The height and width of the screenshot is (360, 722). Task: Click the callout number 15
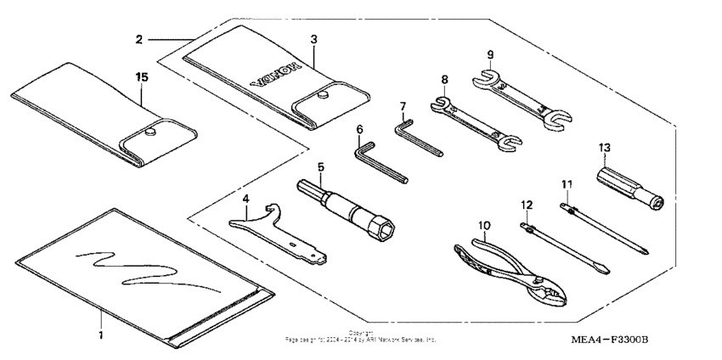point(142,76)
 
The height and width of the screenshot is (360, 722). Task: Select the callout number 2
point(138,38)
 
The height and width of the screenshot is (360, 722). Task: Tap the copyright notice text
point(361,337)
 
